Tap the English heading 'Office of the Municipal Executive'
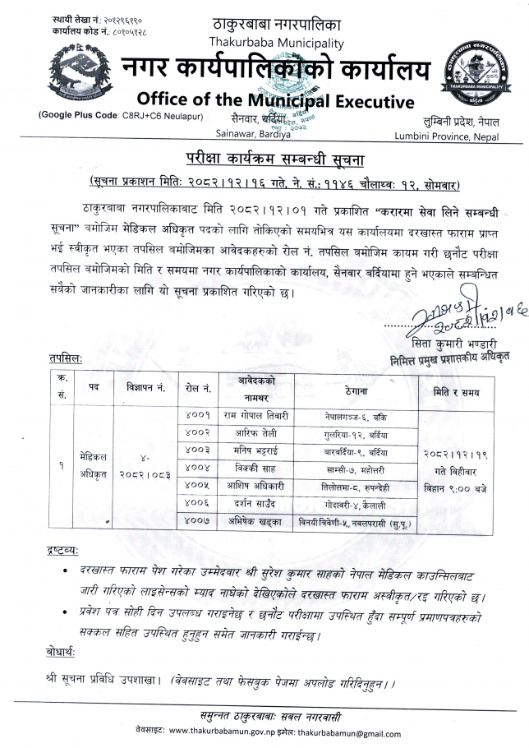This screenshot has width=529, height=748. click(x=275, y=100)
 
